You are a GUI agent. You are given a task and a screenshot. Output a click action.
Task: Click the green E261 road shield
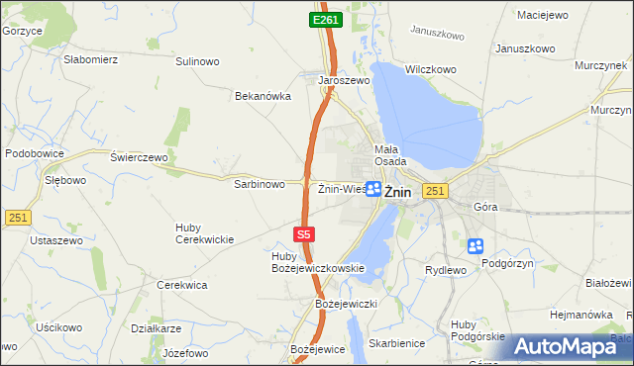coord(323,20)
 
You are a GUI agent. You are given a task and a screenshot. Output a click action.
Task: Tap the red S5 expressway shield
coord(305,234)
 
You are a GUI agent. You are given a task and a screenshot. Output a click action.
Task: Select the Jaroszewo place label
coord(344,81)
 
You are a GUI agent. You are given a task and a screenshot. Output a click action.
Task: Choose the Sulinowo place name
coord(197,61)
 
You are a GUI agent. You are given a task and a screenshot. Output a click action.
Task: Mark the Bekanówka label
coord(262,96)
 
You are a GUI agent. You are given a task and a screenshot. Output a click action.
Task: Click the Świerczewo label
coord(140,157)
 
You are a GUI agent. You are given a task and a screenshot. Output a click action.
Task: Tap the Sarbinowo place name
coord(260,184)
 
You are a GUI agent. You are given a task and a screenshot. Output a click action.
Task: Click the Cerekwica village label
coord(182,285)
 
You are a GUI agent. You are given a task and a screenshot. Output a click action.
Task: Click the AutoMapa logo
coord(569,347)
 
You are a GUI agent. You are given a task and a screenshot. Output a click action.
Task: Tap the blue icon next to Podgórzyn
coord(475,246)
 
